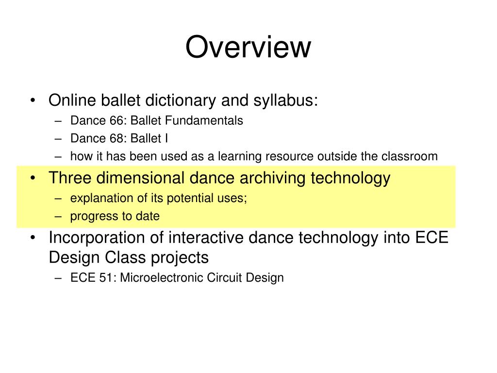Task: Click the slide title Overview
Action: [x=248, y=47]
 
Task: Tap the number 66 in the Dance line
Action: [x=116, y=121]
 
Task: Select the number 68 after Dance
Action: [x=116, y=138]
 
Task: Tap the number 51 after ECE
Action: [x=105, y=278]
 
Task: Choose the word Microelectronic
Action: [x=162, y=278]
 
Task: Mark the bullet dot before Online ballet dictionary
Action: [x=33, y=101]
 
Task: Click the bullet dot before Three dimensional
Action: [x=33, y=178]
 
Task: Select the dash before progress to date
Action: [x=58, y=217]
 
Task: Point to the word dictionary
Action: [x=181, y=101]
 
